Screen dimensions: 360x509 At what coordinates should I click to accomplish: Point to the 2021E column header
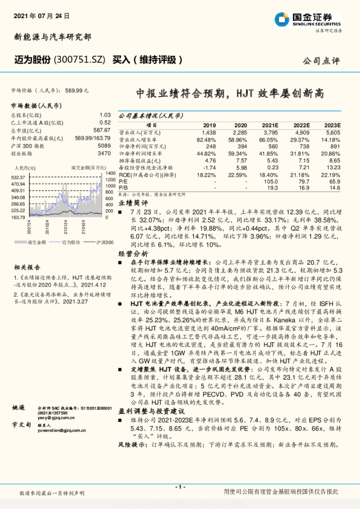(x=269, y=125)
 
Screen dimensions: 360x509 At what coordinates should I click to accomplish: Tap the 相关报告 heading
(x=27, y=267)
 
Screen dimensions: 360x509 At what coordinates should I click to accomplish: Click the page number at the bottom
(x=179, y=487)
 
